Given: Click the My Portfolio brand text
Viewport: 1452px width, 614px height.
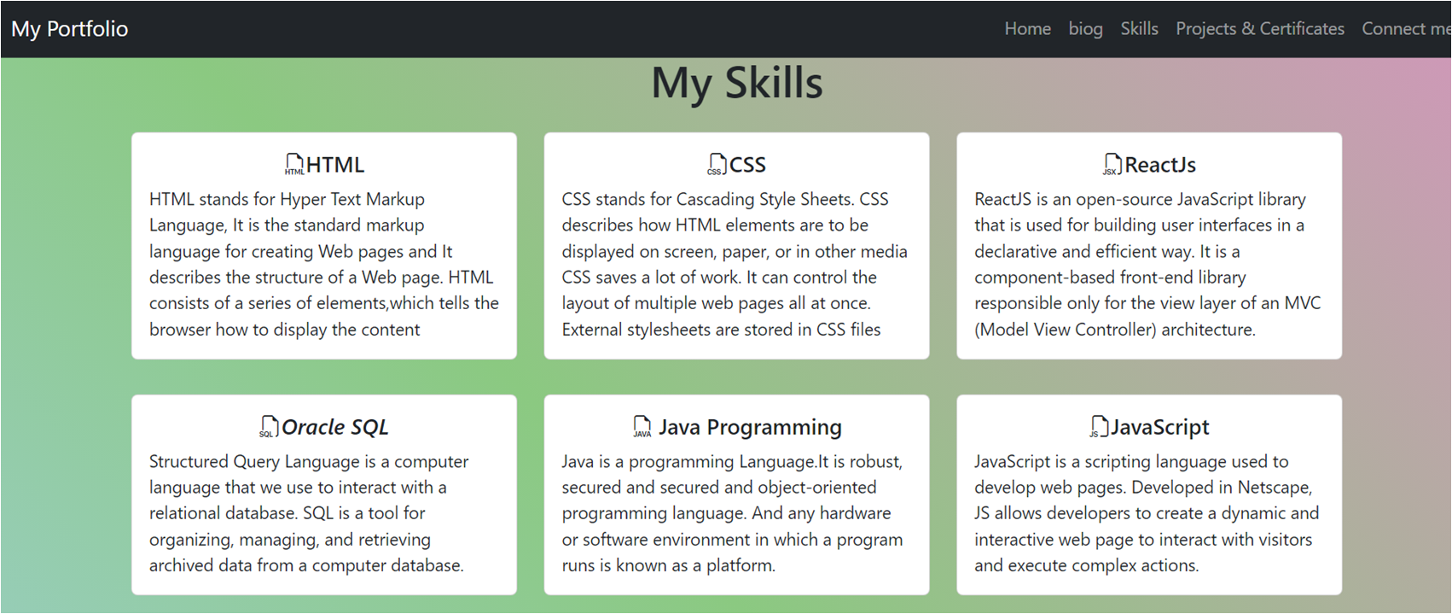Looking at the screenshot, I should pyautogui.click(x=69, y=29).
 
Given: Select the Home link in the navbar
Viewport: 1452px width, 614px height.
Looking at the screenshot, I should pyautogui.click(x=1027, y=29).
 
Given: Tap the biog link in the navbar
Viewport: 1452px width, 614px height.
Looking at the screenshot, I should pyautogui.click(x=1085, y=29).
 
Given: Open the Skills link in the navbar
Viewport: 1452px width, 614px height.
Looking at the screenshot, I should pyautogui.click(x=1139, y=29).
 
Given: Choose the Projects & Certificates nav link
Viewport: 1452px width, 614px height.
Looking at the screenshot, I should pyautogui.click(x=1259, y=29).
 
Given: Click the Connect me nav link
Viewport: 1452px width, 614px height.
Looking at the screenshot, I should pyautogui.click(x=1404, y=29).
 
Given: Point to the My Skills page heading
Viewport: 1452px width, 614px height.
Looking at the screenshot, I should pyautogui.click(x=736, y=84).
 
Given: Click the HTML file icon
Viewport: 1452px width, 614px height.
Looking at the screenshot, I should pyautogui.click(x=293, y=164).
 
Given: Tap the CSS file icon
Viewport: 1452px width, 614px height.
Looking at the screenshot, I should pyautogui.click(x=717, y=164).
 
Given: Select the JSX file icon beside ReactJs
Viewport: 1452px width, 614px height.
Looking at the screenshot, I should pyautogui.click(x=1112, y=164).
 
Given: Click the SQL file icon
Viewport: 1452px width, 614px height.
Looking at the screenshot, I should pyautogui.click(x=269, y=426).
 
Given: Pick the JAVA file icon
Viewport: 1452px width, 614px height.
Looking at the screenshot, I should pyautogui.click(x=642, y=426).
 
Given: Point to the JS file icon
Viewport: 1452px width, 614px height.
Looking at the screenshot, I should pyautogui.click(x=1099, y=426).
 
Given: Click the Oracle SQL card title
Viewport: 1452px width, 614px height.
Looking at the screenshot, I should pyautogui.click(x=334, y=427).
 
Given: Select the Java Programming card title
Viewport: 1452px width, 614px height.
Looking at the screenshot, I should pyautogui.click(x=750, y=427).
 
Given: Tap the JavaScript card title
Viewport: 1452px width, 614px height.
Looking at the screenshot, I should pyautogui.click(x=1159, y=427).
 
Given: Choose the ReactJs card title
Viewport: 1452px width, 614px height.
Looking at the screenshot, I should pyautogui.click(x=1160, y=165).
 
